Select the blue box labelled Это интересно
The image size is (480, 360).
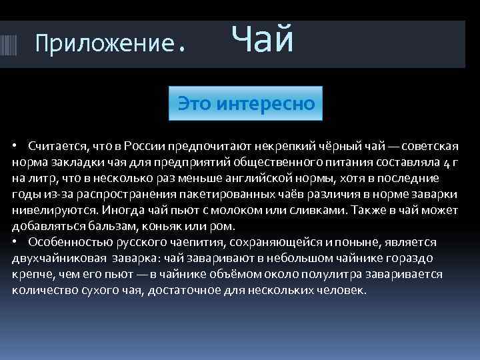(x=245, y=103)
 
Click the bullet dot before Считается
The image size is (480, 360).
(x=15, y=146)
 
